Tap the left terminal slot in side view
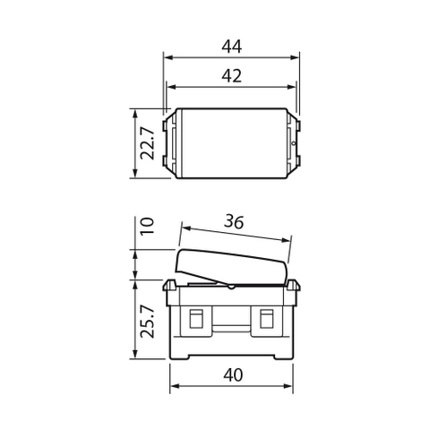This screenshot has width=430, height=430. tap(195, 318)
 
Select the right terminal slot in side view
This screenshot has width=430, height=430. tap(266, 318)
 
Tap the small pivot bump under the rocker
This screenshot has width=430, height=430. tap(231, 288)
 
